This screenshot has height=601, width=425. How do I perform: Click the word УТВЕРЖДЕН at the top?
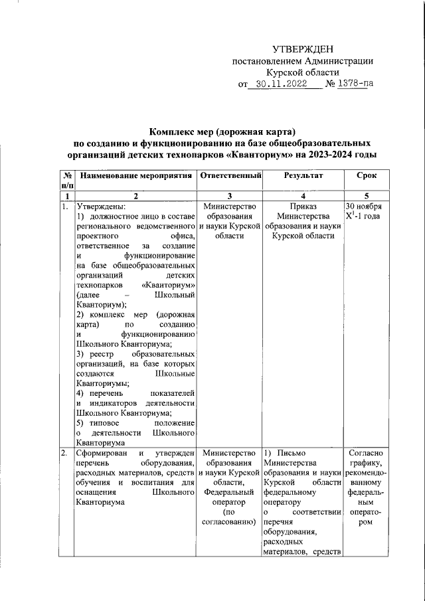tap(303, 50)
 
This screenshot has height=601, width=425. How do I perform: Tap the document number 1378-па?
tap(351, 85)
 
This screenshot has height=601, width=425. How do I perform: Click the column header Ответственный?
tap(230, 176)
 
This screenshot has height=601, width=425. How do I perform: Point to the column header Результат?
tap(303, 176)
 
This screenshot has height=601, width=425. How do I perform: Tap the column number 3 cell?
tap(230, 196)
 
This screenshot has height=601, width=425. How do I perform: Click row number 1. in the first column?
tap(65, 207)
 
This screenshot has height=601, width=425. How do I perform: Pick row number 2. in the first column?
tap(65, 453)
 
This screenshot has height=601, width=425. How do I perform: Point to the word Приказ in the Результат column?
tap(303, 207)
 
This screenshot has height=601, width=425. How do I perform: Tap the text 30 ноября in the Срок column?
tap(362, 207)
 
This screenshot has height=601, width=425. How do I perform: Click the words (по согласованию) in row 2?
tap(230, 517)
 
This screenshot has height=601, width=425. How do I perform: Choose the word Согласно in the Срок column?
tap(363, 453)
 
